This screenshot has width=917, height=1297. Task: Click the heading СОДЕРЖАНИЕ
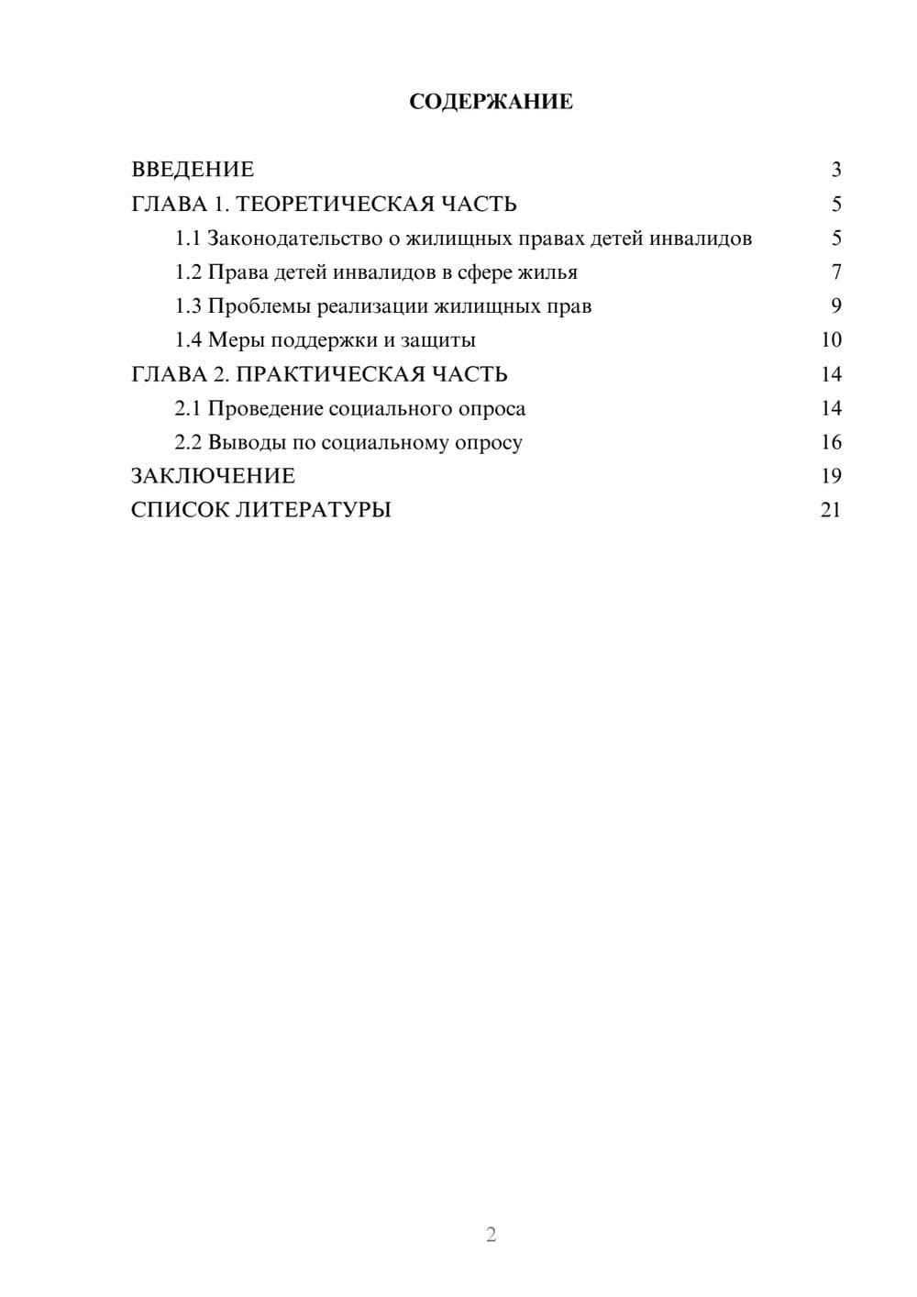(491, 102)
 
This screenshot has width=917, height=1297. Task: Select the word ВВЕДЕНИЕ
(193, 170)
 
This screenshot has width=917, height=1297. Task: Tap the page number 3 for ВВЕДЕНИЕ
(836, 170)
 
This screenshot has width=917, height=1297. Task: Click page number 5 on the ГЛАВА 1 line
(836, 204)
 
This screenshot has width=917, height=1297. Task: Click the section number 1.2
(188, 272)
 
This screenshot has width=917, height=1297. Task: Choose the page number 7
(836, 272)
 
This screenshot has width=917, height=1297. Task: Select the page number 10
(831, 340)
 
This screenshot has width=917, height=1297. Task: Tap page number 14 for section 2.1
(831, 408)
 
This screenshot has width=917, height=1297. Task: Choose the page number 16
(831, 442)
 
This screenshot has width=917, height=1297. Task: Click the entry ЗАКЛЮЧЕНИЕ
(213, 476)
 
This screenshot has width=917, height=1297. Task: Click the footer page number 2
(491, 1235)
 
